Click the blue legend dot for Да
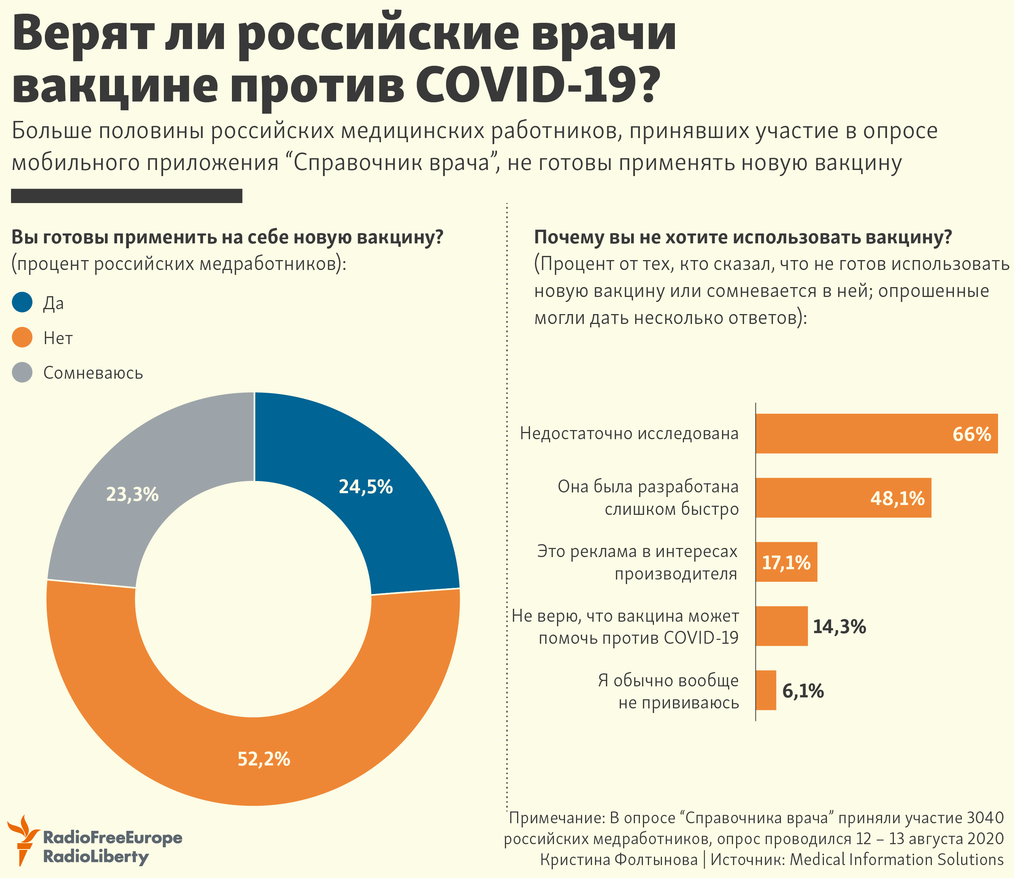pos(22,302)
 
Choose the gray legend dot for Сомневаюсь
pos(22,372)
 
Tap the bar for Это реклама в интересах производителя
pos(786,562)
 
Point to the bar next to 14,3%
pos(781,626)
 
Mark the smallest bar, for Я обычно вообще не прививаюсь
pos(766,691)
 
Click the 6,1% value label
pos(803,691)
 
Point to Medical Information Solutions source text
pos(897,859)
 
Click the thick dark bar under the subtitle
pos(126,195)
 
